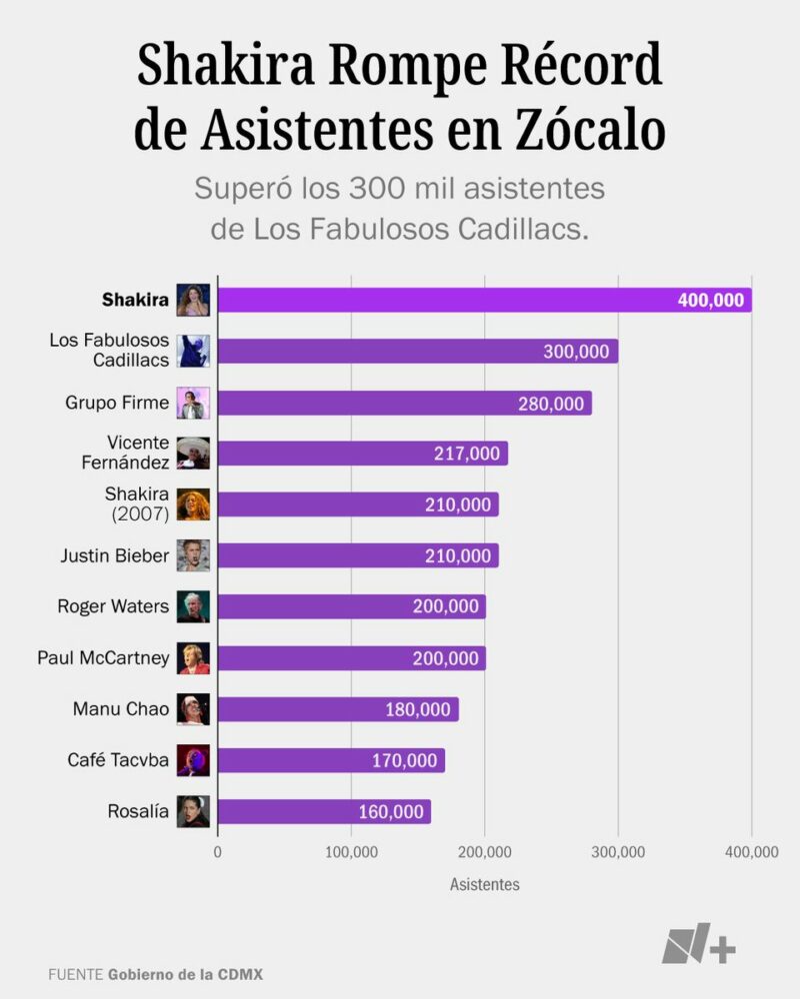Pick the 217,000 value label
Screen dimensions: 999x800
(467, 454)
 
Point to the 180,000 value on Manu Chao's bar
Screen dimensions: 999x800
(418, 709)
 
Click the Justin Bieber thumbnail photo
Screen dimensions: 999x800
(193, 555)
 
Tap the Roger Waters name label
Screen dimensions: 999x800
(113, 606)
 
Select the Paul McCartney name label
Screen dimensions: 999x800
(104, 658)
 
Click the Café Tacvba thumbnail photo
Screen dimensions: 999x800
(193, 760)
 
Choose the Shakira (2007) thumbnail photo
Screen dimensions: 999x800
(193, 504)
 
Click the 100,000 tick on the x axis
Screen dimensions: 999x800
(351, 852)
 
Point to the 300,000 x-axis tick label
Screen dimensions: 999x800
(618, 852)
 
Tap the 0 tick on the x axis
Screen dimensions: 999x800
(217, 852)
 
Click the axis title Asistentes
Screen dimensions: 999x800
(485, 885)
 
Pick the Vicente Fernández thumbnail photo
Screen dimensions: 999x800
(193, 454)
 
